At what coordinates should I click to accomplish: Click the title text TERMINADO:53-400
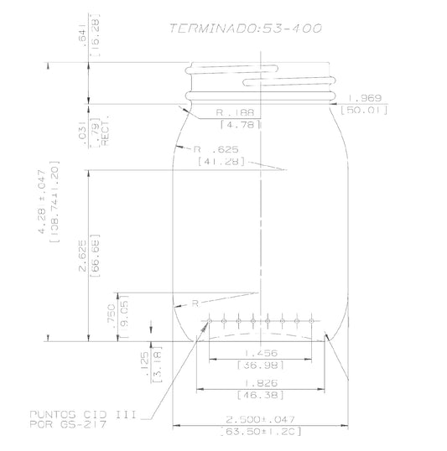(x=245, y=28)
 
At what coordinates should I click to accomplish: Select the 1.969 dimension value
(x=364, y=97)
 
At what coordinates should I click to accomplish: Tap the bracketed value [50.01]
(x=364, y=110)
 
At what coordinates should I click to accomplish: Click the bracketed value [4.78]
(x=241, y=124)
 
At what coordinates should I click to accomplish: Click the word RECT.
(x=107, y=133)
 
